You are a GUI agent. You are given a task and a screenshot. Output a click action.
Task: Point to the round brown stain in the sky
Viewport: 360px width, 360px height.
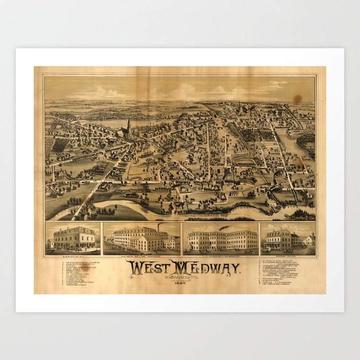click(x=297, y=98)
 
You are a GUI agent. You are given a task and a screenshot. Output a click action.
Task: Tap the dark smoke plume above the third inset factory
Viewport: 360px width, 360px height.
click(x=224, y=227)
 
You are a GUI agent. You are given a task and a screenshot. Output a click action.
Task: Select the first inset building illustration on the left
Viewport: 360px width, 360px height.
click(x=73, y=239)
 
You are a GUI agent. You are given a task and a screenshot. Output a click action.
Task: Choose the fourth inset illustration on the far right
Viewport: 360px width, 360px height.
click(x=287, y=239)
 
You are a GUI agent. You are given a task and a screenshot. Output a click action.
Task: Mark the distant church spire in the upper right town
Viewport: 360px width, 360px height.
click(x=239, y=106)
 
